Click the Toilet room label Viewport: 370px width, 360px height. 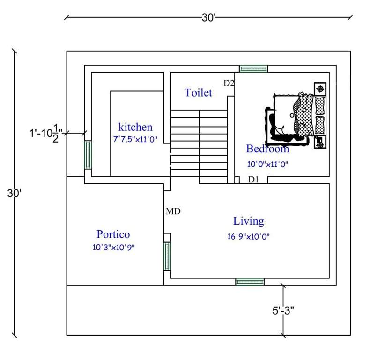[198, 92]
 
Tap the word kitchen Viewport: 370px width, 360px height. [135, 127]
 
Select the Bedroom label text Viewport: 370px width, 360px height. [267, 149]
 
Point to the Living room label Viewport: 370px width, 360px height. [249, 221]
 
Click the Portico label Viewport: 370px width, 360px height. [113, 234]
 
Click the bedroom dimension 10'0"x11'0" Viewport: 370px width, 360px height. [267, 164]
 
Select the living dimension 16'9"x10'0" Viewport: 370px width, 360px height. [248, 237]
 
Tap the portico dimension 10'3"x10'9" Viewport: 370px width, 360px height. [113, 247]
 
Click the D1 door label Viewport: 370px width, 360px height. [253, 179]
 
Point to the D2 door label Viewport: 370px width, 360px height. [229, 83]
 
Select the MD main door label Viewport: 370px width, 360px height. [173, 211]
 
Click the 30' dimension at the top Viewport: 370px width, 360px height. [208, 18]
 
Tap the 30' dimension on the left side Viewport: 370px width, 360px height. [12, 193]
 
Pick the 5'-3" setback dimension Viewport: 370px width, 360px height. [282, 310]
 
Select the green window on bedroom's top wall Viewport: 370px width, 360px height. [253, 68]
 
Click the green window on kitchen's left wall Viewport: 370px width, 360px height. [88, 155]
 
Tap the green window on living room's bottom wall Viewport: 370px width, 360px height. [250, 282]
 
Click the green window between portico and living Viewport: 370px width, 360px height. [167, 256]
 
